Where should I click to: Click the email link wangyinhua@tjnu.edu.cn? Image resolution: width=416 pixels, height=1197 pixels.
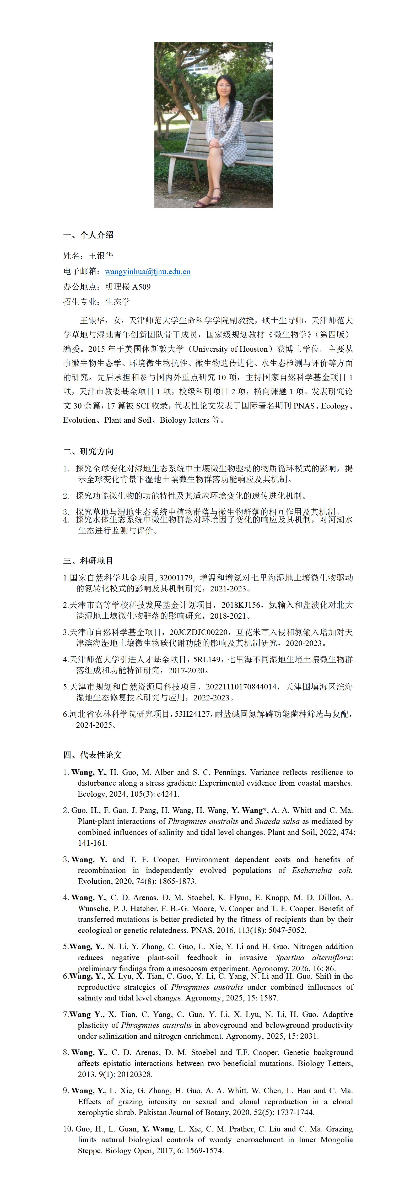tap(147, 271)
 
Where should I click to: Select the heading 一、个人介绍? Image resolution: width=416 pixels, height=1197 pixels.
tap(88, 235)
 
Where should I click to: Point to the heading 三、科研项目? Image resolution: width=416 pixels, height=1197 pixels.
tap(88, 561)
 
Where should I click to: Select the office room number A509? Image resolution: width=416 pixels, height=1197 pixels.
tap(141, 287)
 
